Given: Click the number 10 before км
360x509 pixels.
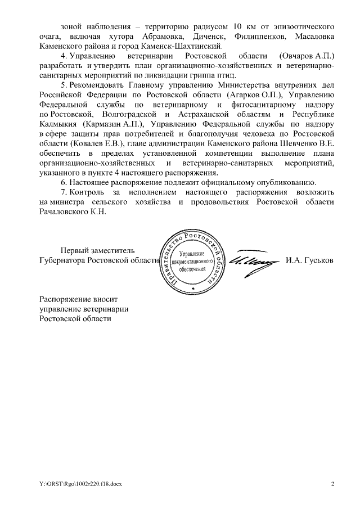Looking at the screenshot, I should click(x=238, y=26).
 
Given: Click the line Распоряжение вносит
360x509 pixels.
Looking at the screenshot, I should click(x=78, y=299).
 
